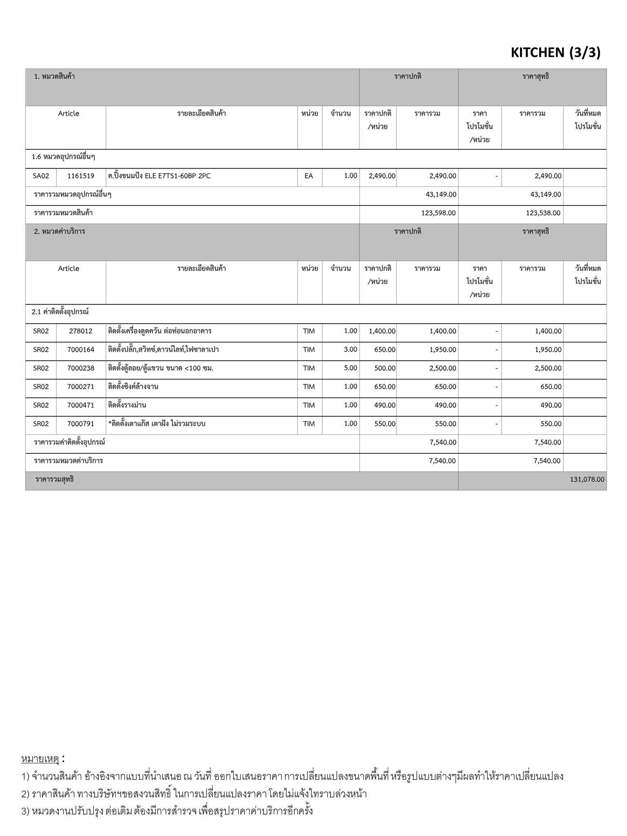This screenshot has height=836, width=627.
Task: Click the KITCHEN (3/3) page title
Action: [556, 53]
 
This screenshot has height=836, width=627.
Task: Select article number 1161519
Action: [81, 176]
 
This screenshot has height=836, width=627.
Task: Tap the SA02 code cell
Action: [41, 176]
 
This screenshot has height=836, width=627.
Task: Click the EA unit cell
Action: [309, 176]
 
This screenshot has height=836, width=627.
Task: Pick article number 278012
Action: [81, 331]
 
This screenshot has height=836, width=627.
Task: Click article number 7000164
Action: [81, 349]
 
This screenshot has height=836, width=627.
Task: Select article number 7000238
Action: [81, 368]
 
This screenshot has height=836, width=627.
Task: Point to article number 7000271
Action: [81, 387]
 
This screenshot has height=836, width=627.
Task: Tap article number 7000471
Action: [81, 405]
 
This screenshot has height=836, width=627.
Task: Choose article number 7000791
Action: [81, 424]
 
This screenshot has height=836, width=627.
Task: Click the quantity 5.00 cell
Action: [350, 368]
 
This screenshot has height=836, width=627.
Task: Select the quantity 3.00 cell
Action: [350, 349]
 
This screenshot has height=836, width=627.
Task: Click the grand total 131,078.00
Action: [587, 479]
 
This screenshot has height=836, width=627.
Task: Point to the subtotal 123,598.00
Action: [438, 213]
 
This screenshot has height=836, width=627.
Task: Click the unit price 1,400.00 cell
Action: [382, 331]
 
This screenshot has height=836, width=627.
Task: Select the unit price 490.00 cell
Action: [385, 405]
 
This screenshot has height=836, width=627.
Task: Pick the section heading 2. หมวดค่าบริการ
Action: [60, 231]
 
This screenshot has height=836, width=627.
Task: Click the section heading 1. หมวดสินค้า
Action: [54, 76]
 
